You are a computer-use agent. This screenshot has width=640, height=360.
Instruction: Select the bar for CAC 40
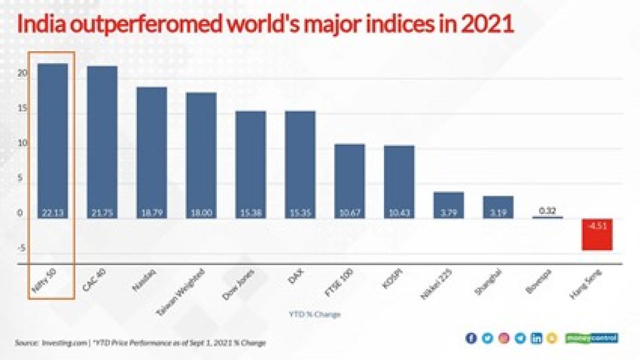(102, 142)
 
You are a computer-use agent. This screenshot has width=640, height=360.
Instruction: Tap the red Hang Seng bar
(597, 234)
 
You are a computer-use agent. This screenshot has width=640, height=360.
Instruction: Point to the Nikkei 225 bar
(449, 205)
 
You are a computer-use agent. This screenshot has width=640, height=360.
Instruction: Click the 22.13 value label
(53, 213)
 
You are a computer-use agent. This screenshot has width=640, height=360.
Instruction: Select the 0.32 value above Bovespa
(547, 211)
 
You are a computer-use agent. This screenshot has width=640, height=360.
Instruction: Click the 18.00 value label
(201, 213)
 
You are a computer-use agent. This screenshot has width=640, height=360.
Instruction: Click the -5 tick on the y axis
(21, 249)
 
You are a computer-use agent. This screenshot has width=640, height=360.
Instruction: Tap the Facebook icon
(470, 338)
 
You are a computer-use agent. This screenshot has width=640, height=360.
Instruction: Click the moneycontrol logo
(593, 338)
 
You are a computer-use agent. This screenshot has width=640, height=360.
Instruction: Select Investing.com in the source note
(65, 343)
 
